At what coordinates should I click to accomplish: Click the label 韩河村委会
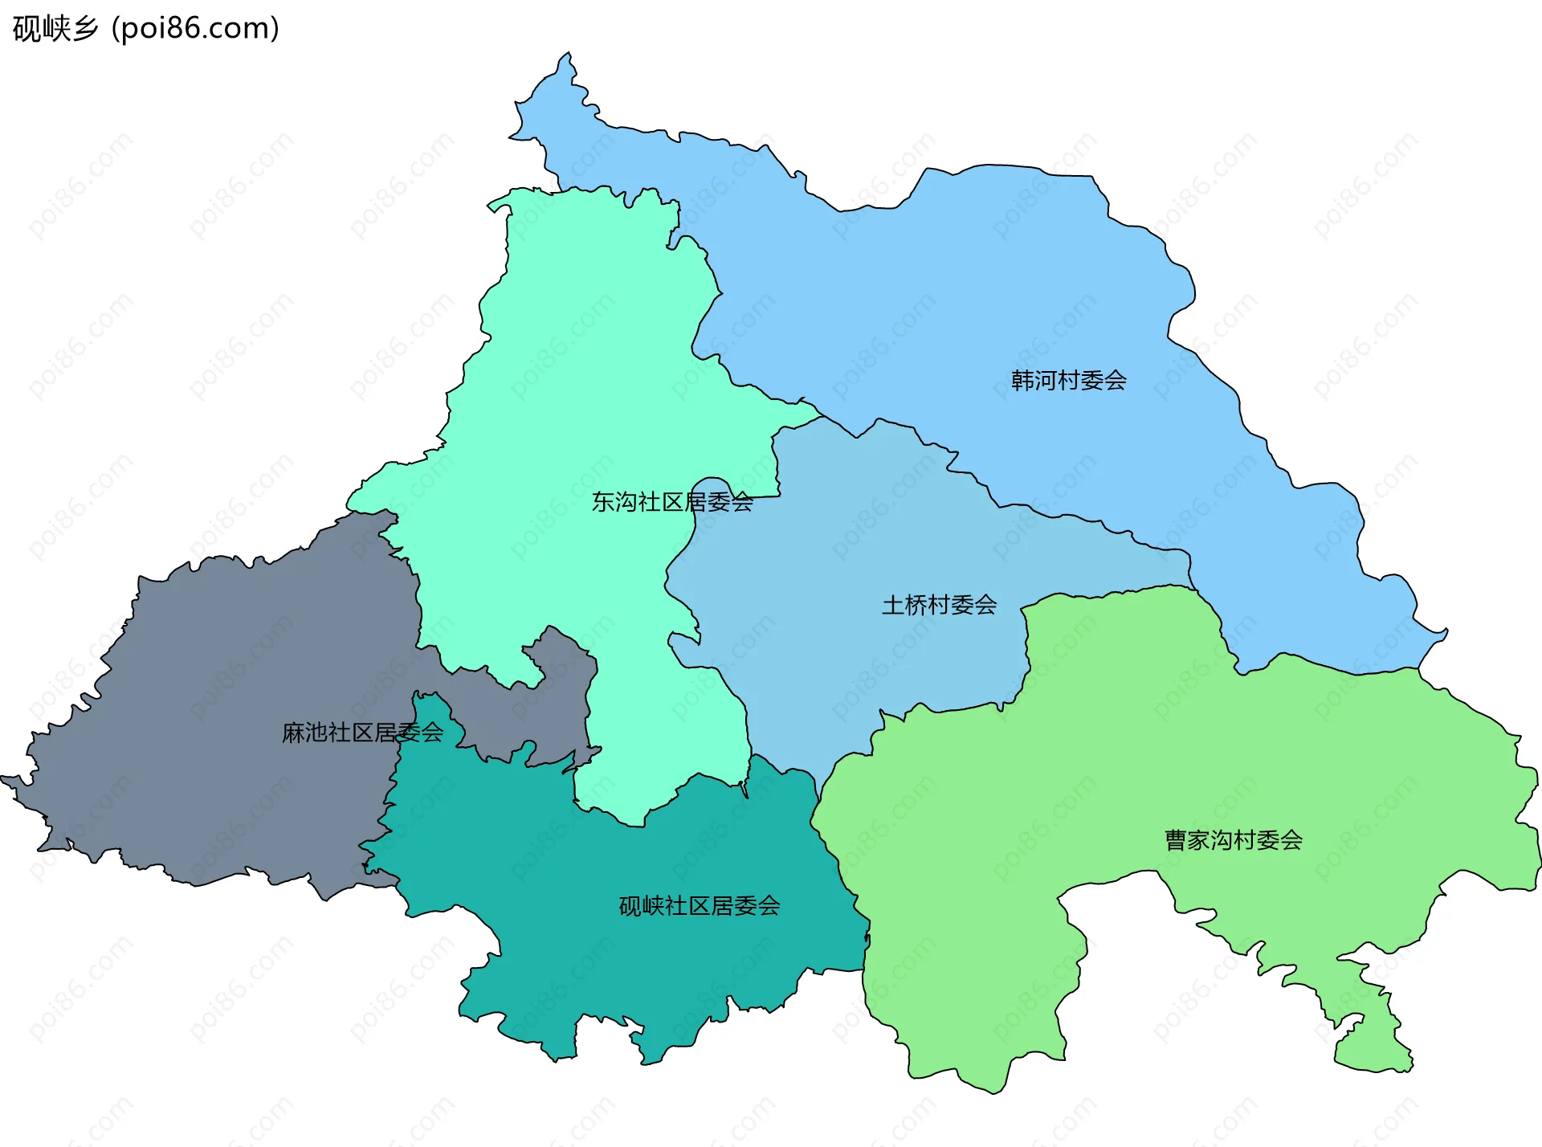1068,380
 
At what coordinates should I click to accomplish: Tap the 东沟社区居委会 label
672,502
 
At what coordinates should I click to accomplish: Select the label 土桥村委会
939,605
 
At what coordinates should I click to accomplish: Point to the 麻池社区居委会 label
362,733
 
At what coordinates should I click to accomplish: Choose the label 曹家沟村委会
1234,840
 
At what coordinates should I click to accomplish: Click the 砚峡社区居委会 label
699,906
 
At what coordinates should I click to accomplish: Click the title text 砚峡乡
55,29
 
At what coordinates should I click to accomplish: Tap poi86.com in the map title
196,29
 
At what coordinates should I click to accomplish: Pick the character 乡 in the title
84,29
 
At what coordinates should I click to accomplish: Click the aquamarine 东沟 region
578,361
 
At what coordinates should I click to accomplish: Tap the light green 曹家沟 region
1124,763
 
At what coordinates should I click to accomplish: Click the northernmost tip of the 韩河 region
568,55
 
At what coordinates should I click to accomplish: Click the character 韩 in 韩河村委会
1022,380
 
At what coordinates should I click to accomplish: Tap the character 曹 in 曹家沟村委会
1176,840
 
